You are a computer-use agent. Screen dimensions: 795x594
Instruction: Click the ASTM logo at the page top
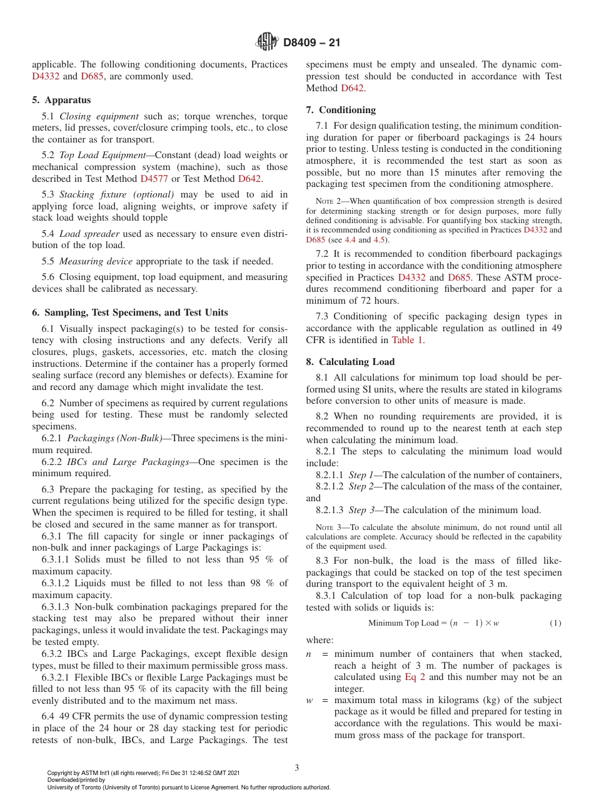pos(268,42)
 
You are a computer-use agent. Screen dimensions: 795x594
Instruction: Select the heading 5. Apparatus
pos(61,100)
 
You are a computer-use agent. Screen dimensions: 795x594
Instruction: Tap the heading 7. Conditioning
pos(341,110)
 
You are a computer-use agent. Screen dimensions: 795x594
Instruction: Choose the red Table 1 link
pos(407,340)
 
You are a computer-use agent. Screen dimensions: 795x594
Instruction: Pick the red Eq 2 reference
pos(415,677)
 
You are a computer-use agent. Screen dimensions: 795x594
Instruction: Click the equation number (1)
pos(555,623)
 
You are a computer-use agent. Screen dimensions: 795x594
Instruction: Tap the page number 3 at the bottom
pos(297,767)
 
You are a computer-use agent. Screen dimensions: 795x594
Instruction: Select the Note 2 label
pos(328,201)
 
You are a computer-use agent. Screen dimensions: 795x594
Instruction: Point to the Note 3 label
pos(328,527)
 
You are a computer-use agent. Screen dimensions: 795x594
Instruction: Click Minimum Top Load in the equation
pos(403,623)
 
